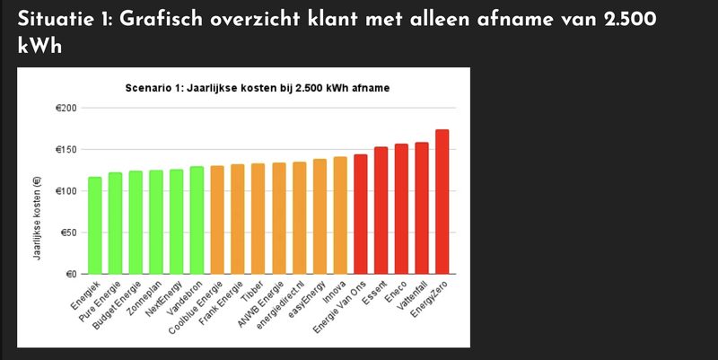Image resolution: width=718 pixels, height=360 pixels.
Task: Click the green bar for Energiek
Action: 94,225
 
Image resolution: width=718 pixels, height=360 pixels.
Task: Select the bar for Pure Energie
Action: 115,224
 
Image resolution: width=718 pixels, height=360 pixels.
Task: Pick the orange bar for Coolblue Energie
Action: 217,220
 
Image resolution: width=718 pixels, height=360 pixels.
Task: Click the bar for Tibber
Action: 258,219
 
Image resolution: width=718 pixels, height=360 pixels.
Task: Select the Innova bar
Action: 340,215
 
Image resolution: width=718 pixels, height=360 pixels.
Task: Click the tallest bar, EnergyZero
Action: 442,202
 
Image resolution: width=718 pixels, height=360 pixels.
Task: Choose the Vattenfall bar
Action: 422,208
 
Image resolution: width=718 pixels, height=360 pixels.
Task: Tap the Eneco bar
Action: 401,209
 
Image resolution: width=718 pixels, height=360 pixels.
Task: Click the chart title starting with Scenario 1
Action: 261,88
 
